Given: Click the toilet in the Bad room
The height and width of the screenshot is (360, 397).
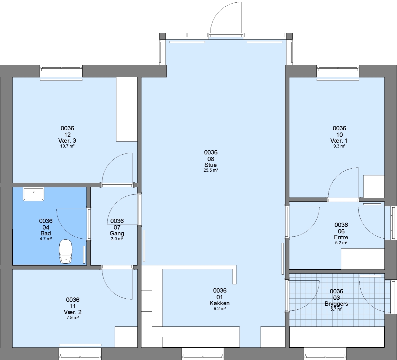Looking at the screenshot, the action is [66, 251].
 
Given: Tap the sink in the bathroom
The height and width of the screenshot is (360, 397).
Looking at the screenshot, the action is [34, 194].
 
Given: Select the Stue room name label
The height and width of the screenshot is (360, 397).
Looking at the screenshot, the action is [211, 165].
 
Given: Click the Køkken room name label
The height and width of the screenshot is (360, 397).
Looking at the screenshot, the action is [220, 303].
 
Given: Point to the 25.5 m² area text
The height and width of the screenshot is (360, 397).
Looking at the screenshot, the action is [211, 170].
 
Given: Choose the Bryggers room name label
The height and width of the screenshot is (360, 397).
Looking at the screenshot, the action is [336, 304].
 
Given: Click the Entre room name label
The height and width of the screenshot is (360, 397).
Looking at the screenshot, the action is [341, 237].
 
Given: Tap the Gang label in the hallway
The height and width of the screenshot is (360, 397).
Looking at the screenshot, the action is [117, 233].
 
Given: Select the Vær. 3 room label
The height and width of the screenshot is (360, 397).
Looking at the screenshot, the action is [67, 141].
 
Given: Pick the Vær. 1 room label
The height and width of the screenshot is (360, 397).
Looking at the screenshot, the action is [339, 141].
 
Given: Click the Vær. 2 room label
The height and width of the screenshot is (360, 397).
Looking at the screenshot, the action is [73, 312].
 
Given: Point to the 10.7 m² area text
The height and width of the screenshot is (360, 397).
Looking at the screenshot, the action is [67, 146].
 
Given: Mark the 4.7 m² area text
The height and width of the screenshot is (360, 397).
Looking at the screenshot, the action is [46, 239].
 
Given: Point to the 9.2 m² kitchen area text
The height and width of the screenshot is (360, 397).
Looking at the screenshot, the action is [220, 309].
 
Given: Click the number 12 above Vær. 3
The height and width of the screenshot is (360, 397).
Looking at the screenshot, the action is [67, 135].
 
